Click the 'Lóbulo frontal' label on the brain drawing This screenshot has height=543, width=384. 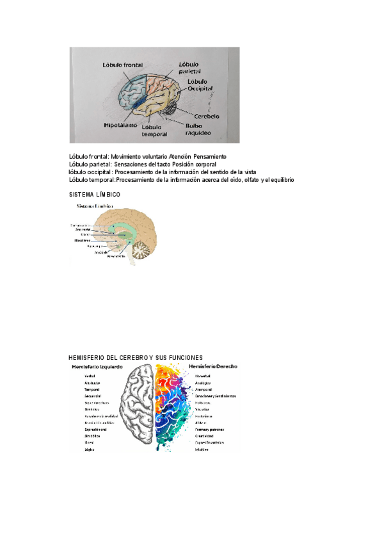(x=123, y=65)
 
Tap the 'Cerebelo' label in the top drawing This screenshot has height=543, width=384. (x=203, y=117)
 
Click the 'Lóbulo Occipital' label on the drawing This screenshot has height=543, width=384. (x=200, y=85)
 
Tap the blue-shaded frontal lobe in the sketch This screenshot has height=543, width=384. (x=134, y=93)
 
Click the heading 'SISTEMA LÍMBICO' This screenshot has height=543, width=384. (x=94, y=194)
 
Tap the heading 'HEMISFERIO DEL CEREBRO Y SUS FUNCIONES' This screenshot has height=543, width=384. (x=135, y=357)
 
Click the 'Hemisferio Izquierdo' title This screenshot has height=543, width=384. (x=97, y=366)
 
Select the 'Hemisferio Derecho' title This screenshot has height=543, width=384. (x=214, y=366)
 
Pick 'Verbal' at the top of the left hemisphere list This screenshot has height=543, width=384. (x=90, y=376)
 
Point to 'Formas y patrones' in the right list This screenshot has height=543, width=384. (x=210, y=429)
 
